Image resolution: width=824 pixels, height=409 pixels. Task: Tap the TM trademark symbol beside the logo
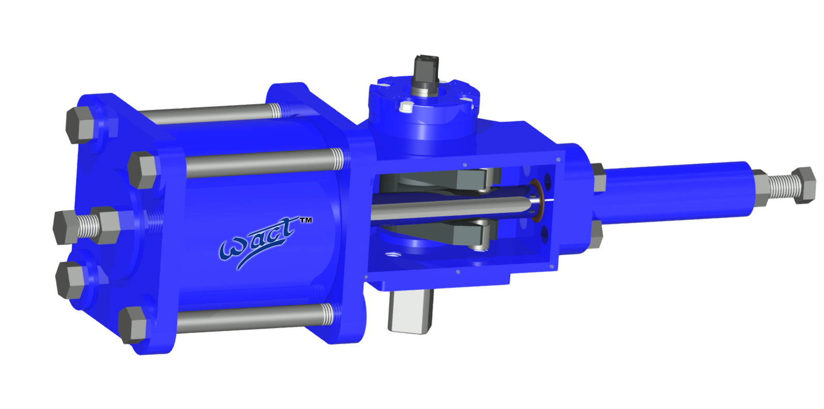click(x=306, y=221)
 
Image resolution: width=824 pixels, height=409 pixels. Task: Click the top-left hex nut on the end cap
click(x=80, y=124)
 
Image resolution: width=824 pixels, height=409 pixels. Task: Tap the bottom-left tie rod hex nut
click(x=133, y=324)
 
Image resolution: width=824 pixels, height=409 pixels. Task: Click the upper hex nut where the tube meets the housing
click(x=599, y=177)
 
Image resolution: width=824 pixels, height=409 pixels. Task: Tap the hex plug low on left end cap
click(x=70, y=279)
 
